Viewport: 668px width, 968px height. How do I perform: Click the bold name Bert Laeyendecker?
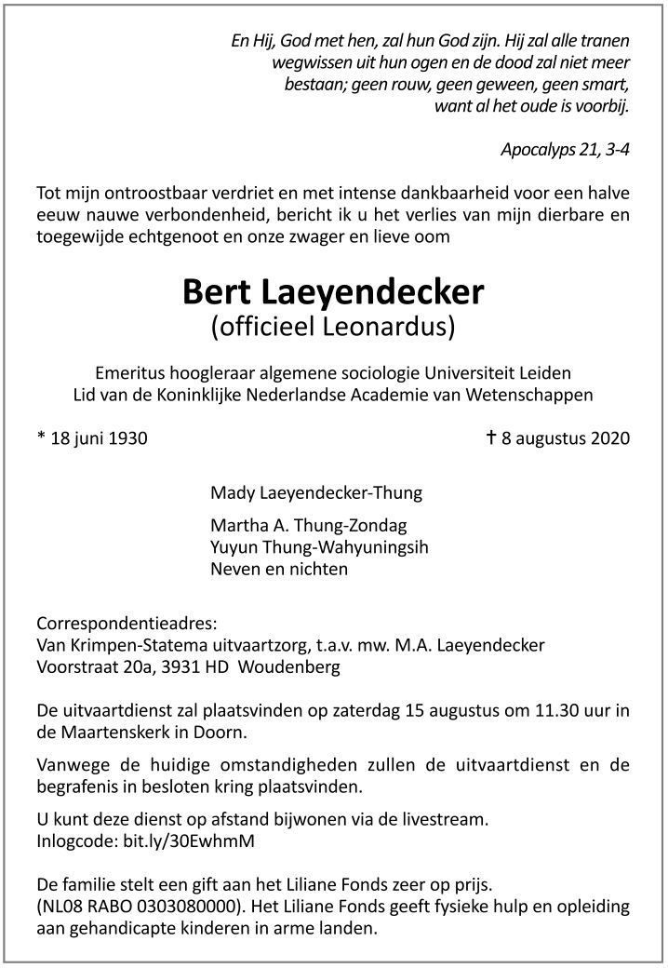point(333,291)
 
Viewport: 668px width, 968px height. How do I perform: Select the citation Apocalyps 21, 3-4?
point(565,149)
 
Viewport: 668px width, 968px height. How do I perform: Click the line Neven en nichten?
point(279,569)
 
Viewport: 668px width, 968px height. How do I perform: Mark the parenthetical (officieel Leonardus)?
point(333,327)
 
